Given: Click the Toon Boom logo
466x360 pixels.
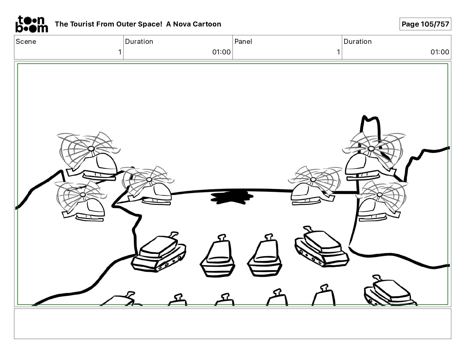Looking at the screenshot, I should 31,24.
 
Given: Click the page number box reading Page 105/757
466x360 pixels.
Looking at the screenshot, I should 425,24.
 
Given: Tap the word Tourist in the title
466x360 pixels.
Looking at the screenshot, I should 81,24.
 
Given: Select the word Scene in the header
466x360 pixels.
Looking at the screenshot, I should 26,41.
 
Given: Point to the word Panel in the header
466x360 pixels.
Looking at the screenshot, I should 243,41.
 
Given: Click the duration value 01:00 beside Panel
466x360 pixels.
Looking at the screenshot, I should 440,52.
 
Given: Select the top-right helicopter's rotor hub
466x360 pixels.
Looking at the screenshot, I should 371,149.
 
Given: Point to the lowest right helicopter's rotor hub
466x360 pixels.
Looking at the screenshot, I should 380,195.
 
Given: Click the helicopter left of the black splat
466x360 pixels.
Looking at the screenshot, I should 153,191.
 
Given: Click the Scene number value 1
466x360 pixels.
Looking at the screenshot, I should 119,52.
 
